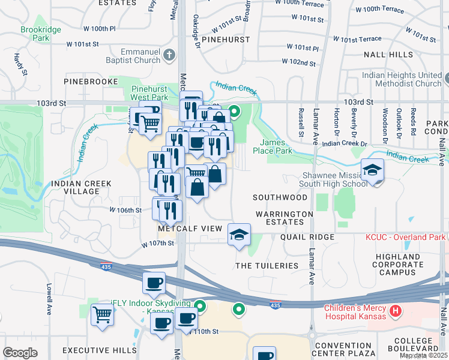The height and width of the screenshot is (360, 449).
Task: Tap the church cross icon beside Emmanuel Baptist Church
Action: [170, 56]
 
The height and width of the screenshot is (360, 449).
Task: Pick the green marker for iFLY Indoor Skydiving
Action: [200, 307]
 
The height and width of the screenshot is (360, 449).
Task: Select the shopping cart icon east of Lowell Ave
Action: [103, 314]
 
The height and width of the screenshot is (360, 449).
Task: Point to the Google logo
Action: [20, 352]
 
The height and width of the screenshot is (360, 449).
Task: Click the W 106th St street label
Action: [125, 210]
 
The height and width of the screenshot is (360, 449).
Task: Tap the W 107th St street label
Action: [157, 244]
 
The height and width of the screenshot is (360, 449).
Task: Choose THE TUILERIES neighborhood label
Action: [267, 265]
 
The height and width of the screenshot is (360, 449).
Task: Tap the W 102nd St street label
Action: [299, 62]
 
